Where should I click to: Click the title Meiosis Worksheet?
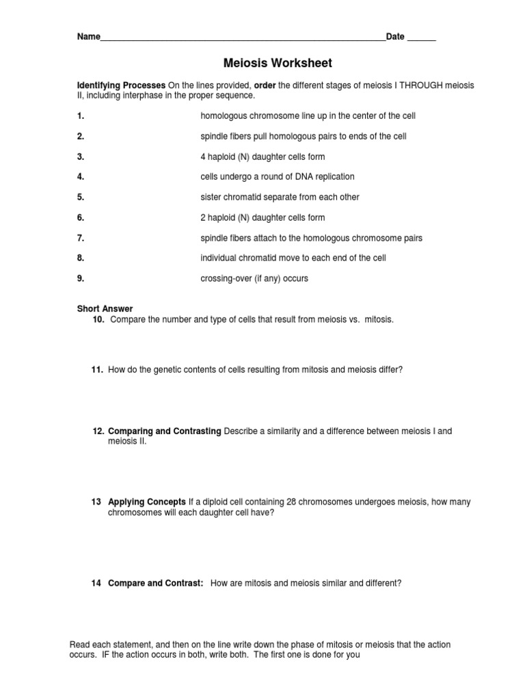pos(278,63)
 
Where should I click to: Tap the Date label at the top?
pos(395,37)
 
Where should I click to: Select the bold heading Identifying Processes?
pos(121,85)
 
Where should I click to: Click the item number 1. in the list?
pos(81,116)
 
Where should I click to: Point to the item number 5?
pos(81,198)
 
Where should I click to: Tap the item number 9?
pos(81,279)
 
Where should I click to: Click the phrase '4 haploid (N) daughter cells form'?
pos(262,157)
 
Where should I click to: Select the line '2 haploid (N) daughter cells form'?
pos(262,217)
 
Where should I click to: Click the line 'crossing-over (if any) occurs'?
pos(254,279)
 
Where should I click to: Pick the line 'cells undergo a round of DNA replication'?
pos(277,177)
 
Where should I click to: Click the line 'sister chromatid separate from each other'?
pos(280,198)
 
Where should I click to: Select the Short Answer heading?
pos(105,309)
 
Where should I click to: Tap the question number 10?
pos(98,319)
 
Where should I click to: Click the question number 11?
pos(98,370)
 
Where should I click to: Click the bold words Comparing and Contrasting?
pos(164,431)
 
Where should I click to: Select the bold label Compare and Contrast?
pos(156,583)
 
